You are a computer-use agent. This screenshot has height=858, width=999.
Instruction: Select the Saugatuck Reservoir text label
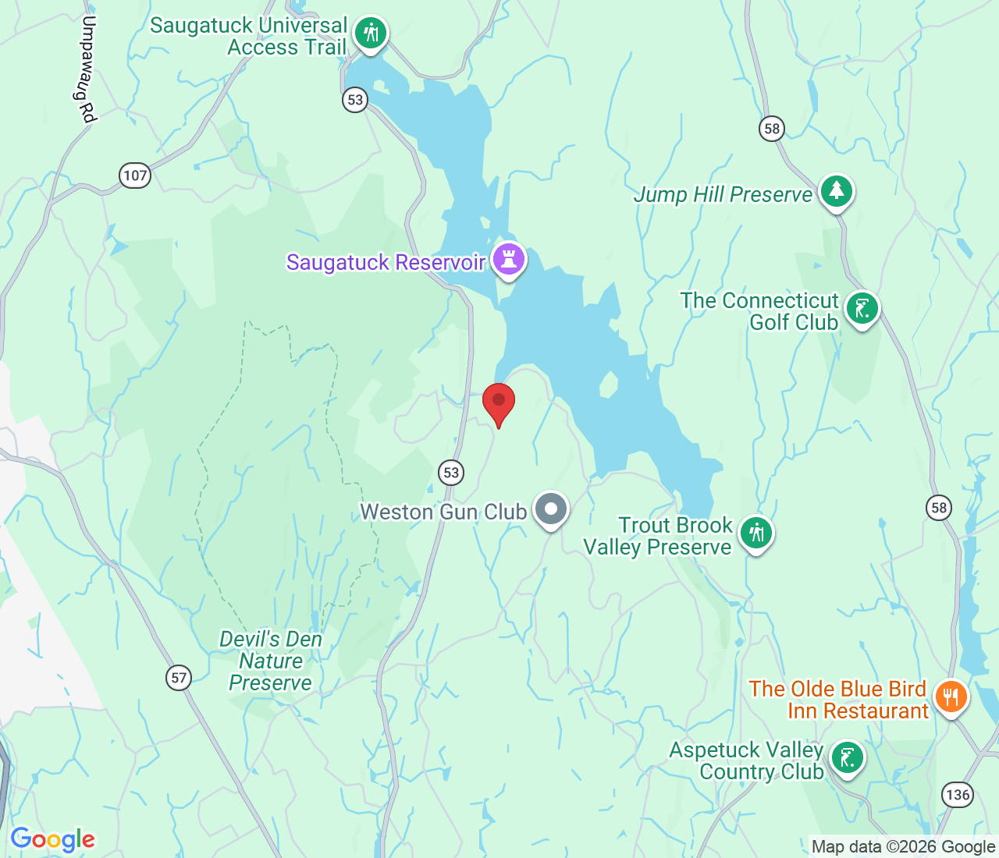click(386, 262)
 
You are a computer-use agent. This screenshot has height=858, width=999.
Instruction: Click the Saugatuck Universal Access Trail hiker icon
click(371, 34)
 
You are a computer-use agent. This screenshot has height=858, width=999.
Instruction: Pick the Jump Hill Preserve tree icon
click(837, 191)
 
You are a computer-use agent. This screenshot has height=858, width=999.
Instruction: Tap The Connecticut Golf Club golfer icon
click(862, 309)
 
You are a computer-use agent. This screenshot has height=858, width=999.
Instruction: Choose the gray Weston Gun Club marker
click(551, 509)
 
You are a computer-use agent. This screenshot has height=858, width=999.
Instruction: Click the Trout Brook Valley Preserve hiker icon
click(755, 534)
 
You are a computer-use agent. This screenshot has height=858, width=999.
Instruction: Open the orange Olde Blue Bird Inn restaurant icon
click(950, 697)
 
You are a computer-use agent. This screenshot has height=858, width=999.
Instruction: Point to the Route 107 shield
click(135, 175)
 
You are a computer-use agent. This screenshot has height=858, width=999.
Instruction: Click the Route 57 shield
click(179, 677)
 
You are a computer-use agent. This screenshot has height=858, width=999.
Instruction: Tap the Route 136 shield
click(957, 795)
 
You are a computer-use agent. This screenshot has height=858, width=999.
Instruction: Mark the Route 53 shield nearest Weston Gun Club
click(450, 472)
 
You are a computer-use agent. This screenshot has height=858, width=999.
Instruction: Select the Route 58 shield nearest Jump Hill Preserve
click(772, 129)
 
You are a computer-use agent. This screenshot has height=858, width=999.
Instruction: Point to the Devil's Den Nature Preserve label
click(270, 661)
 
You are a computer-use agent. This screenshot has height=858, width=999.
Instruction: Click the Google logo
click(52, 839)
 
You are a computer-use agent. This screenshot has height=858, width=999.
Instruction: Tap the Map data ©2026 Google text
click(903, 846)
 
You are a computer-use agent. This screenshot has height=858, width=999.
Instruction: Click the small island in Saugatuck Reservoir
click(609, 385)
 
